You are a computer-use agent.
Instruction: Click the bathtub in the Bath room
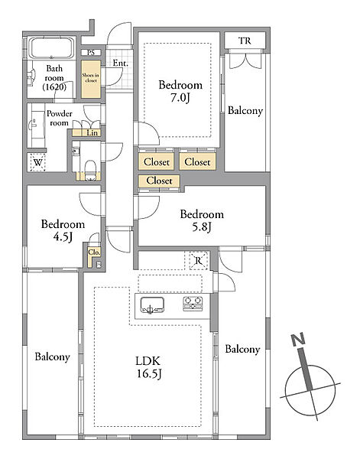(x=52, y=48)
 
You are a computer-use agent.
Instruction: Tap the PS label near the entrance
(x=91, y=53)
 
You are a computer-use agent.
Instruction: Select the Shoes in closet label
(x=91, y=78)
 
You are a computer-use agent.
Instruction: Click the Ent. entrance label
(x=120, y=63)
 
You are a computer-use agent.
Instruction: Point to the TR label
(x=245, y=41)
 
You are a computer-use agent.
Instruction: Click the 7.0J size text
(x=180, y=98)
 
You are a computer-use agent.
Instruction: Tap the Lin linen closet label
(x=92, y=132)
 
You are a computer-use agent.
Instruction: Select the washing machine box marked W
(x=38, y=162)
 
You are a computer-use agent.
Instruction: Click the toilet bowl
(x=90, y=169)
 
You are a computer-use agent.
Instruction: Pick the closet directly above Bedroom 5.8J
(x=159, y=181)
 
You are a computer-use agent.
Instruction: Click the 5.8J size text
(x=202, y=227)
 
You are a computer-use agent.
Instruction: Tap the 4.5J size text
(x=63, y=237)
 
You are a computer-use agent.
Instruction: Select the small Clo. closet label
(x=94, y=252)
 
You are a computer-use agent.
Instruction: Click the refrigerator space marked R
(x=199, y=260)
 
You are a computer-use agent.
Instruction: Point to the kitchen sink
(x=152, y=305)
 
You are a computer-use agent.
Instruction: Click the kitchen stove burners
(x=193, y=304)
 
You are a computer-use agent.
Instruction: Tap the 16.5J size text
(x=150, y=373)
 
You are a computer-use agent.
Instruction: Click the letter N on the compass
(x=298, y=339)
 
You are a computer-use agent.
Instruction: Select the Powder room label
(x=60, y=119)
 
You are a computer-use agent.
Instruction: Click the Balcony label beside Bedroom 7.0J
(x=245, y=111)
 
